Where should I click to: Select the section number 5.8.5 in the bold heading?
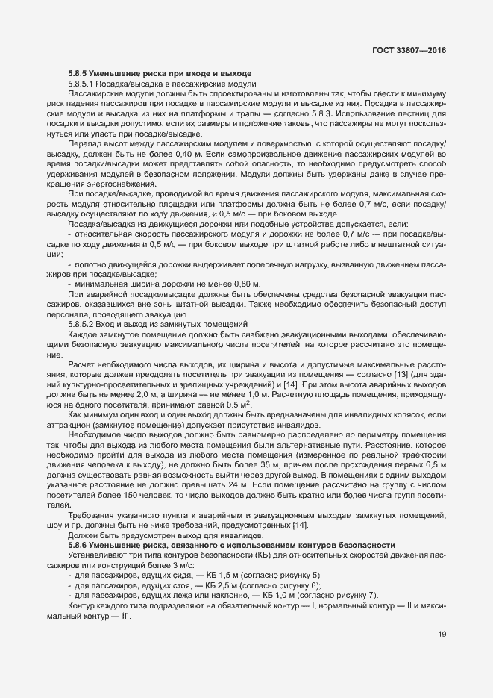pos(78,72)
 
